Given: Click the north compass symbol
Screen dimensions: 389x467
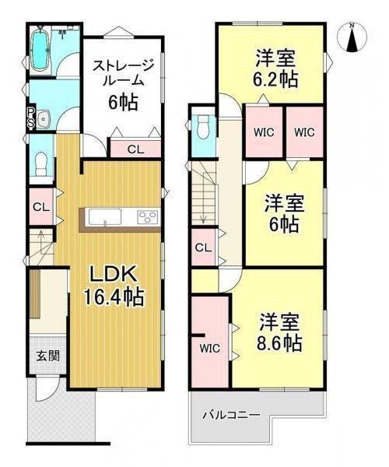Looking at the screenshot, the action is tap(352, 37).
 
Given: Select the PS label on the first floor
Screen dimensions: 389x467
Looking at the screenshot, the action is tap(31, 118).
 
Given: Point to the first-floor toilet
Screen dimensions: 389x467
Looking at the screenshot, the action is tap(41, 163).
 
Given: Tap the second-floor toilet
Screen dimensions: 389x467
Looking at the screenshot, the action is tap(204, 127).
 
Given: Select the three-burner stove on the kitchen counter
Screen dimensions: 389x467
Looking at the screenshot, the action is tap(148, 216).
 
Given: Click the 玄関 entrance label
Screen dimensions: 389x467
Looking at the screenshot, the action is tap(48, 356).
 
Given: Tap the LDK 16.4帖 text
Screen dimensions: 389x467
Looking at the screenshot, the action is tap(114, 286).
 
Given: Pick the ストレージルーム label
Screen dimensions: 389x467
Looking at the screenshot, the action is tap(123, 73).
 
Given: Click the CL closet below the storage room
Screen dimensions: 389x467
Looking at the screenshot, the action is tap(135, 149).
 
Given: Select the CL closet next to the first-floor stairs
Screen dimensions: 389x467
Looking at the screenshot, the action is tap(41, 207).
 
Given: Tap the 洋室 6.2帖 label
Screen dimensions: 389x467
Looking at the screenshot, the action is tap(275, 68).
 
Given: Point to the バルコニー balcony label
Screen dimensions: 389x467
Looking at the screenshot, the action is tap(231, 415).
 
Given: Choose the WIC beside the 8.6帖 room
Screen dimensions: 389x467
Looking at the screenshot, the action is tap(209, 348).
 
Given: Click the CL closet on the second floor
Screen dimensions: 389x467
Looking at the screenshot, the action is tap(204, 248).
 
